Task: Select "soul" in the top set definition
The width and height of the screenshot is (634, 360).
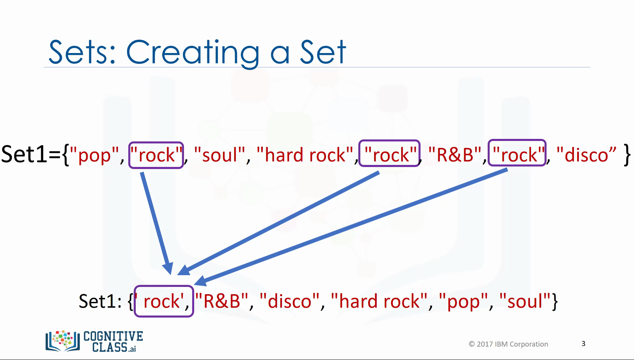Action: (x=220, y=155)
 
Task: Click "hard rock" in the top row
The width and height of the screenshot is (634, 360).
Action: (x=305, y=155)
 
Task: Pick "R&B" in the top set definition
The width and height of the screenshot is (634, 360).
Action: (x=455, y=155)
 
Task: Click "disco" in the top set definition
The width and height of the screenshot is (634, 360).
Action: (x=586, y=155)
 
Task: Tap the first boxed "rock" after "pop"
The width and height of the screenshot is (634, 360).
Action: (x=156, y=155)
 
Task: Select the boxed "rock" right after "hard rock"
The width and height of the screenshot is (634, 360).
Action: (x=390, y=154)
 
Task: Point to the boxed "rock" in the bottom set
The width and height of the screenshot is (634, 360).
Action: (x=164, y=301)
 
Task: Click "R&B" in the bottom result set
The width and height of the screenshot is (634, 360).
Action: (x=222, y=301)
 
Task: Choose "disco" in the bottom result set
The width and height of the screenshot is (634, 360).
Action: (x=290, y=301)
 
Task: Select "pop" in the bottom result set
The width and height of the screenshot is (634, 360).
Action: (x=463, y=301)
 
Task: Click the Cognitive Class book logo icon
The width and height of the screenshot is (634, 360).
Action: (x=63, y=341)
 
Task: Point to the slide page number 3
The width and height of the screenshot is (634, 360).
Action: (x=583, y=344)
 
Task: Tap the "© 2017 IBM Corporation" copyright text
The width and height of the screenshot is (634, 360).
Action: (x=508, y=344)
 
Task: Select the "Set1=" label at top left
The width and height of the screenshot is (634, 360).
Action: (x=31, y=154)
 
